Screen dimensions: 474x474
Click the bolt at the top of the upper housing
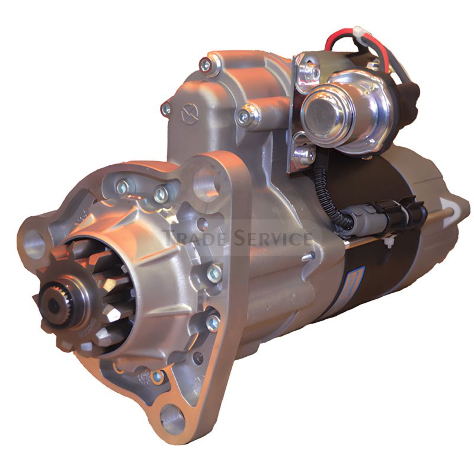pyautogui.click(x=206, y=65)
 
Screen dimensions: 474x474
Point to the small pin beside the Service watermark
pyautogui.click(x=306, y=257)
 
